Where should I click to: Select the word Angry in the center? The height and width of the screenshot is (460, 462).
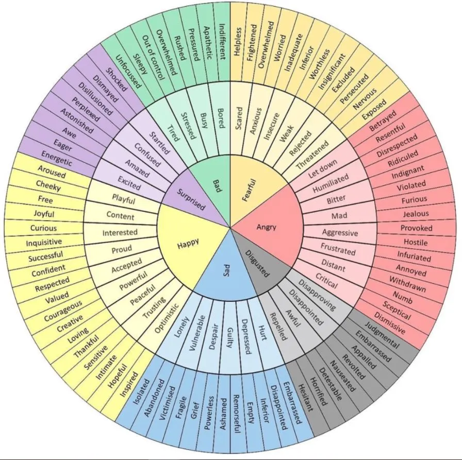point(267,227)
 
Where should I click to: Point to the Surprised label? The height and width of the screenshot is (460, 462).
point(191,199)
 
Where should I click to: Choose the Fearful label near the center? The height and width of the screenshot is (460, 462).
point(249,191)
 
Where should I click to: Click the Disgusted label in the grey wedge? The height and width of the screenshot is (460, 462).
point(257,264)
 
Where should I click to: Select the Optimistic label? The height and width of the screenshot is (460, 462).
point(167,318)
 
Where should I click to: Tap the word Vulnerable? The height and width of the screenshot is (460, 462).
point(197,333)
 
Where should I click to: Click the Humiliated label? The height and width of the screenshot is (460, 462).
point(331,183)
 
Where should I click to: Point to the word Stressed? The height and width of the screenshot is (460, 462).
point(188,126)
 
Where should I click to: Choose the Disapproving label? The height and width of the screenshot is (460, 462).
point(317,295)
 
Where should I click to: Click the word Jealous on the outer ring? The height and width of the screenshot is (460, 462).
point(416,213)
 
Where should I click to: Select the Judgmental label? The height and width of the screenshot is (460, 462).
point(382,335)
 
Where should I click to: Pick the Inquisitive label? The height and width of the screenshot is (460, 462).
point(44,242)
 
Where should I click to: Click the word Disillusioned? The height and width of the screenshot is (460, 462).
point(95,99)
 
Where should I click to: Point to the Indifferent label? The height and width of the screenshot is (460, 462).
point(223,42)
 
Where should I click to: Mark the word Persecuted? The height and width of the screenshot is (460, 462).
point(354,89)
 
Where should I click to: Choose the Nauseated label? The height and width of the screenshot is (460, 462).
point(342,376)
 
